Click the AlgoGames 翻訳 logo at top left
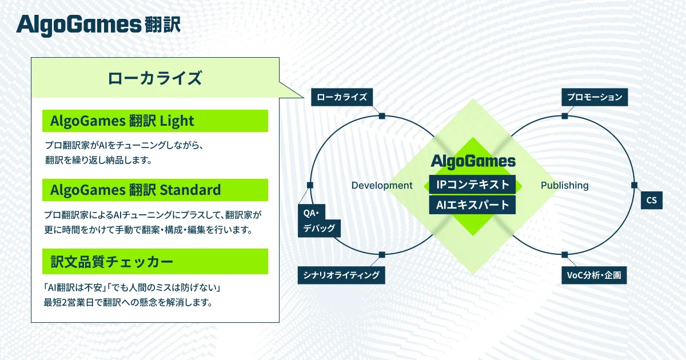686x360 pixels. [98, 25]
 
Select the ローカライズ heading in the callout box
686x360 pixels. [154, 78]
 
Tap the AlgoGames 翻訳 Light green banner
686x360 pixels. [155, 121]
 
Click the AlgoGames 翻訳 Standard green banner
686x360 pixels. [155, 190]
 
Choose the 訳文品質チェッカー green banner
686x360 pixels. [155, 262]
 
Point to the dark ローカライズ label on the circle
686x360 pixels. [342, 97]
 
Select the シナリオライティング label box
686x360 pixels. [341, 275]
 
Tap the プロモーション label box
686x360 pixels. [595, 97]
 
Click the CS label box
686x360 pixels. [651, 201]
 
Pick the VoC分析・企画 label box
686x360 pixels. [594, 275]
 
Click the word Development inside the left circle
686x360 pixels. [381, 185]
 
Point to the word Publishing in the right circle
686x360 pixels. [564, 185]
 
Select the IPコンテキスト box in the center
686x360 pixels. [472, 185]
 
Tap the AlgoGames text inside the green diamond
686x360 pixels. [473, 162]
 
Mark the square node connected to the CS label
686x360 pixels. [633, 185]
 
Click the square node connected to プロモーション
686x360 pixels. [564, 116]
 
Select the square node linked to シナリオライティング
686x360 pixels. [382, 255]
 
